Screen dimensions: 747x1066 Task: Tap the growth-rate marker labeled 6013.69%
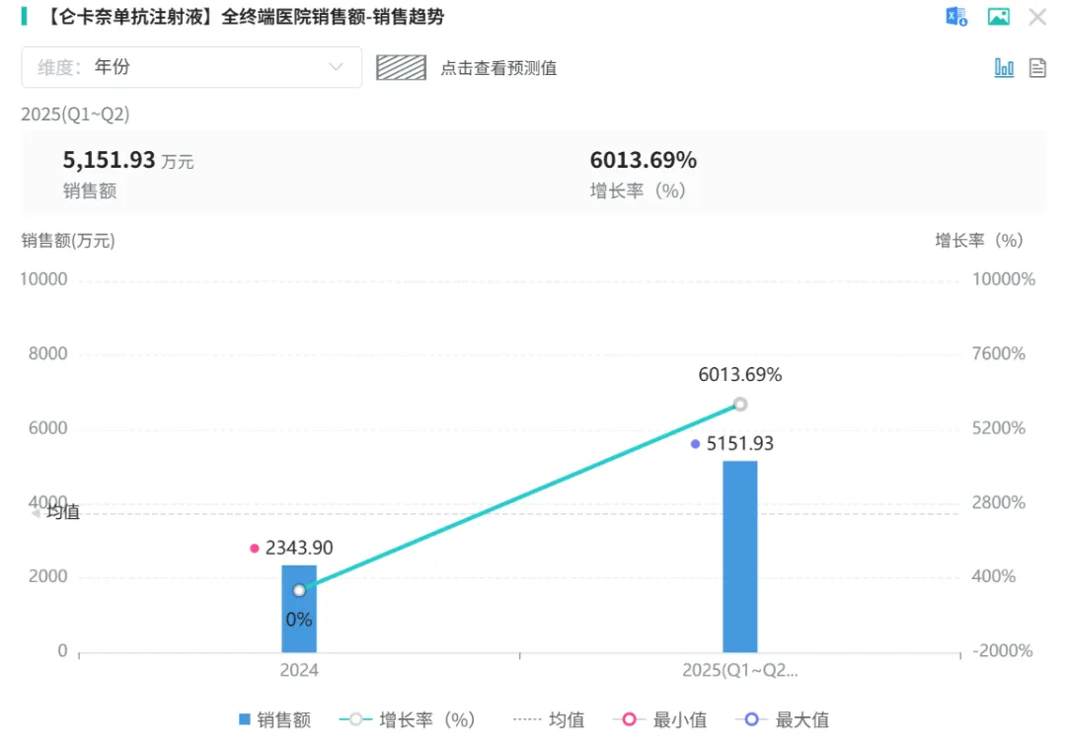[740, 404]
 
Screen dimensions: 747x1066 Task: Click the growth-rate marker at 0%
[299, 590]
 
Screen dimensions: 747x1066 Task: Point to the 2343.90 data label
[299, 548]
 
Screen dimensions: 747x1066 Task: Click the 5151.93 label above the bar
[740, 444]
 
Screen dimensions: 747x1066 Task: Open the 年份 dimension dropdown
[191, 67]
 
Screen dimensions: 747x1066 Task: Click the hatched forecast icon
[400, 67]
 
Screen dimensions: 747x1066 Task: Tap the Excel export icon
[956, 17]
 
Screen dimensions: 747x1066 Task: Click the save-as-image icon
[999, 17]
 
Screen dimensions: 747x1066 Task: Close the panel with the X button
[1037, 17]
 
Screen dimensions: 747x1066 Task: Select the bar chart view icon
[1004, 67]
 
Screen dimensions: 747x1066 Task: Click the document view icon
[1037, 67]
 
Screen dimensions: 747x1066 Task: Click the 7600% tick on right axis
[999, 354]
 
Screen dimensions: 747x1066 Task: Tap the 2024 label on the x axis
[299, 670]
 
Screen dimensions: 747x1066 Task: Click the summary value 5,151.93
[109, 160]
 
